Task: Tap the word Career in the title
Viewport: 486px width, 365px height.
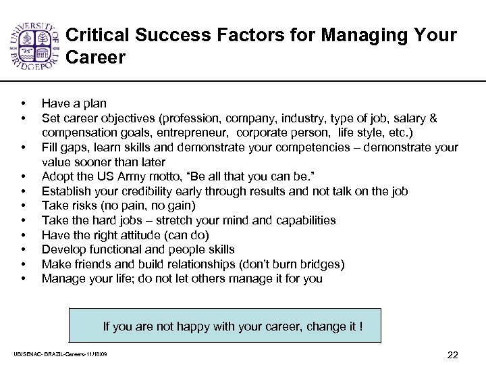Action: [96, 58]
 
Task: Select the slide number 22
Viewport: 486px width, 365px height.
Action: [453, 355]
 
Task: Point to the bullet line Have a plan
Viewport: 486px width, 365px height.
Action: [74, 103]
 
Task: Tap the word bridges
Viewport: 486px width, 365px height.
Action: [322, 264]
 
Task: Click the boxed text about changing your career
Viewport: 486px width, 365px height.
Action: [232, 326]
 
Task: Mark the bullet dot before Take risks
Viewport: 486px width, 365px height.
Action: [24, 206]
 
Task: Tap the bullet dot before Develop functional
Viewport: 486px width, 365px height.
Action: [24, 250]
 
